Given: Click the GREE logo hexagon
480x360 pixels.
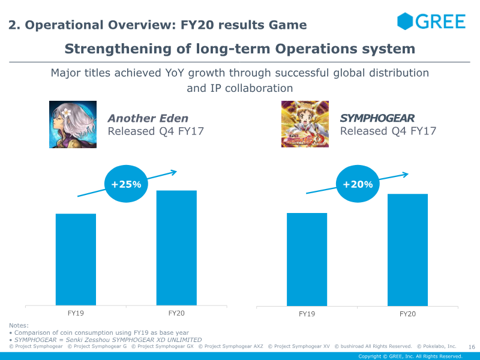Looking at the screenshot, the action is (405, 21).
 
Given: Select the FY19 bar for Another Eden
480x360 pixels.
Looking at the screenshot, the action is (76, 259).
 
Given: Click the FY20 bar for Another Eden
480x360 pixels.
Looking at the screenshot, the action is (176, 248).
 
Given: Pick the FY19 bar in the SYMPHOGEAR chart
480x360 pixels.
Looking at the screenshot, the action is (307, 259).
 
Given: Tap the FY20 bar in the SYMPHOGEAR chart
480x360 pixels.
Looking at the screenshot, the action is (407, 250).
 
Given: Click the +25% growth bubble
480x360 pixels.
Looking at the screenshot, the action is (126, 184).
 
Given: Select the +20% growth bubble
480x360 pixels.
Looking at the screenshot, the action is (358, 184).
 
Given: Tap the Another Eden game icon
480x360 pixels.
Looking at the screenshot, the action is (73, 124).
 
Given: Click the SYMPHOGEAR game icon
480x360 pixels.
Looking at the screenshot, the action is (305, 124).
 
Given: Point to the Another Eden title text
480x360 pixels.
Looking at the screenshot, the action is (148, 118).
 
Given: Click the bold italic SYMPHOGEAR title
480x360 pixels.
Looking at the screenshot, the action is (377, 118).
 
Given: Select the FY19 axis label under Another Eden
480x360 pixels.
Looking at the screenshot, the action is (76, 313).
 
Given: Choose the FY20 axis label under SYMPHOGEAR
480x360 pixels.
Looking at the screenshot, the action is (407, 314).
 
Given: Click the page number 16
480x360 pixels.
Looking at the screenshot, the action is (472, 347).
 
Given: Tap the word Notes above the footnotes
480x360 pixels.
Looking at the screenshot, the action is (19, 325).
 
